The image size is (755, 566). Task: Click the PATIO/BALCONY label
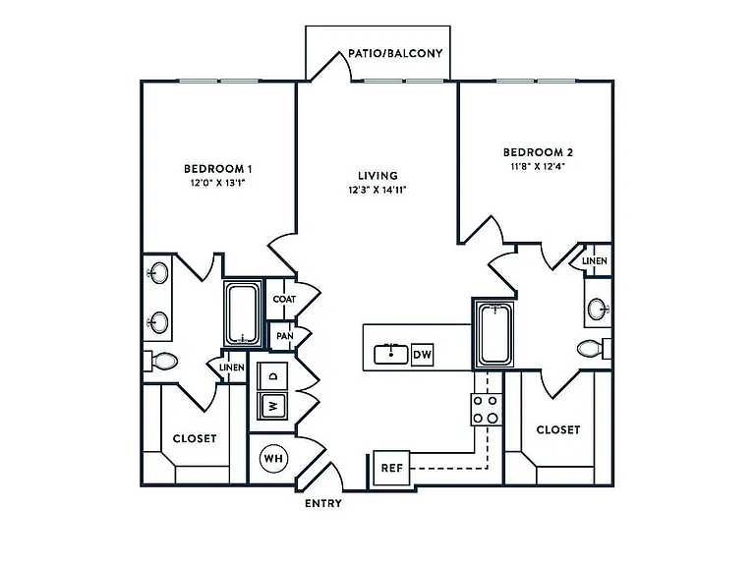pyautogui.click(x=395, y=53)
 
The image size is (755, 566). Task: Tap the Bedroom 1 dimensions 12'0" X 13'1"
pyautogui.click(x=218, y=183)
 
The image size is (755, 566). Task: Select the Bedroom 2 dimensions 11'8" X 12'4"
pyautogui.click(x=538, y=166)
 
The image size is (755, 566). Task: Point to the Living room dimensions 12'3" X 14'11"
pyautogui.click(x=377, y=190)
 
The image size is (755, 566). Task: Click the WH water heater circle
pyautogui.click(x=273, y=458)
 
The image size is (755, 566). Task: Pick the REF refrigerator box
pyautogui.click(x=391, y=468)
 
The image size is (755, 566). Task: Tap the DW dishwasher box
pyautogui.click(x=423, y=355)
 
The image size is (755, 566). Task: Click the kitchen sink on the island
pyautogui.click(x=391, y=355)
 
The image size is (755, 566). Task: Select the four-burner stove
pyautogui.click(x=486, y=410)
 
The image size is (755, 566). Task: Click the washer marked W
pyautogui.click(x=272, y=406)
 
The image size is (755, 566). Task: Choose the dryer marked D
pyautogui.click(x=272, y=376)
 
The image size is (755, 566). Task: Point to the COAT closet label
pyautogui.click(x=284, y=299)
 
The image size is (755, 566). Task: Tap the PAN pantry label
pyautogui.click(x=284, y=335)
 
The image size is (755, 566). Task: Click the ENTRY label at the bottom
pyautogui.click(x=323, y=503)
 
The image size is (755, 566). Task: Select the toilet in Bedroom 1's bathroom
pyautogui.click(x=161, y=361)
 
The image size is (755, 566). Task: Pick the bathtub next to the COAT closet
pyautogui.click(x=243, y=313)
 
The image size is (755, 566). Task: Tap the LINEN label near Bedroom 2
pyautogui.click(x=595, y=260)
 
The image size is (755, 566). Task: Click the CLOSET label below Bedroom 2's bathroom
pyautogui.click(x=558, y=429)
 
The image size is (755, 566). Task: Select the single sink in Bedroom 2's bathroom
pyautogui.click(x=598, y=309)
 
